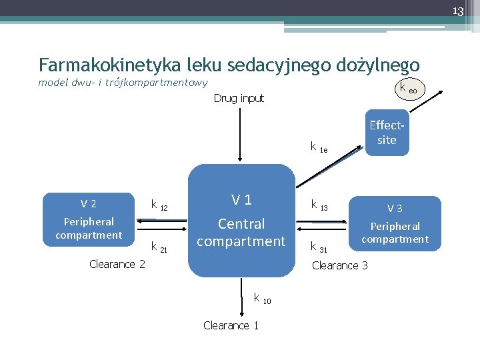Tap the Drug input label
239,98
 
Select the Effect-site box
387,133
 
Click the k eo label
407,88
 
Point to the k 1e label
319,147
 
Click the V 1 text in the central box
241,199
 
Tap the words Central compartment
241,232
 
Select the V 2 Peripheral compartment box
89,219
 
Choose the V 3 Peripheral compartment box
395,223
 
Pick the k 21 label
159,247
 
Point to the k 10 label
261,298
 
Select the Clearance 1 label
231,325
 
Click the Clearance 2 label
117,264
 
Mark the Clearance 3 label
340,265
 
